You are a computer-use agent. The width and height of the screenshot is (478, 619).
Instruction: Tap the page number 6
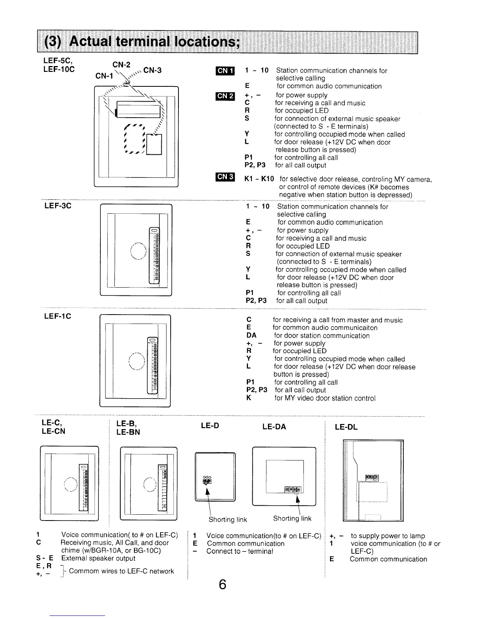coord(222,585)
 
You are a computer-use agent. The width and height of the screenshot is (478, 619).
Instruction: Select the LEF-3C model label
coord(57,206)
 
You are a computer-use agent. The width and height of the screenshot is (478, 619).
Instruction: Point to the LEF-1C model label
coord(57,316)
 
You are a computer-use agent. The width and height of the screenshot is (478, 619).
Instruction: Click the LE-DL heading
coord(346,427)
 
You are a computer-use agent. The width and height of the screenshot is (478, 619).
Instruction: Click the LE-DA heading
coord(274,427)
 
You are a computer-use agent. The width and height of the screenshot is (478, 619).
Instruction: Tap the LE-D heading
coord(210,426)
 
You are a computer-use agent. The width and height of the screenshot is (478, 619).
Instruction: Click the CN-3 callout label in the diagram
coord(153,70)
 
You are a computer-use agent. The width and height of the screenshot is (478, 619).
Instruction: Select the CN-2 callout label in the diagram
coord(121,64)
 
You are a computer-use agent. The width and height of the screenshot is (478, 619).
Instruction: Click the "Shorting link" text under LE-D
coord(228,519)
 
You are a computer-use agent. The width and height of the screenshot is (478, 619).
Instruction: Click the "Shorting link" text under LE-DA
coord(292,519)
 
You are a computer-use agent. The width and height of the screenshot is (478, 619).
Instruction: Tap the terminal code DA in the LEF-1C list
coord(251,335)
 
